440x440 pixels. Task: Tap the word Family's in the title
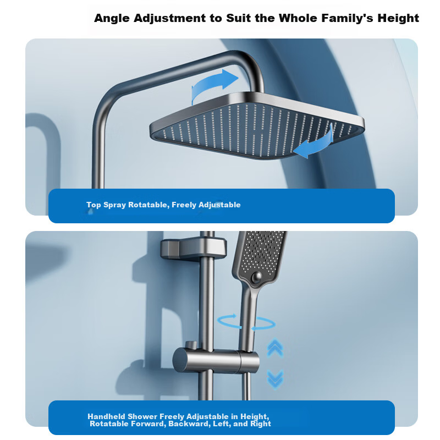click(x=348, y=19)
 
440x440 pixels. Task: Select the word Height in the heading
click(x=398, y=19)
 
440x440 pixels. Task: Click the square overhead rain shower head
click(x=257, y=127)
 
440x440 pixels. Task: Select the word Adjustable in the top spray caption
click(x=219, y=205)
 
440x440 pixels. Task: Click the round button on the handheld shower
click(x=256, y=278)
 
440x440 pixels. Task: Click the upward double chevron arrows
click(x=275, y=348)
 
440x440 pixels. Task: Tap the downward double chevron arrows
click(x=275, y=379)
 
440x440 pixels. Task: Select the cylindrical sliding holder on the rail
click(x=216, y=361)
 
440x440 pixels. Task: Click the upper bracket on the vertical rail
click(x=194, y=249)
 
